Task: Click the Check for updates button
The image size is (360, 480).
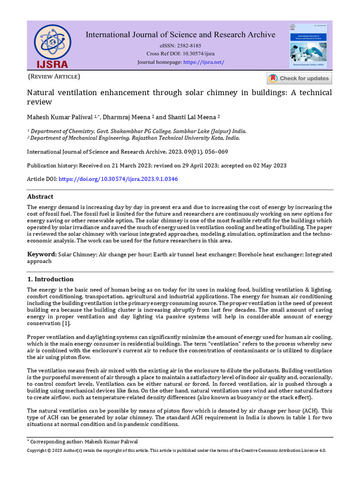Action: pos(299,78)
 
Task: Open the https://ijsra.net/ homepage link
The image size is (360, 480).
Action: pos(203,62)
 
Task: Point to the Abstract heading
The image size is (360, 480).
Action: pos(40,196)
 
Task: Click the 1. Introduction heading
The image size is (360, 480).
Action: pos(50,279)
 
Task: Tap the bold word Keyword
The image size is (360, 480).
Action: pos(42,255)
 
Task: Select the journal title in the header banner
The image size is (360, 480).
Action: pos(180,35)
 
